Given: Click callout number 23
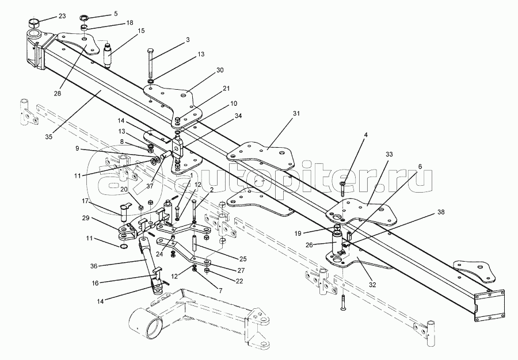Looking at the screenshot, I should tap(62, 15).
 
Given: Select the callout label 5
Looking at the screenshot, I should tap(115, 13).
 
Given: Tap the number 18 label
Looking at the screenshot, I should tap(129, 22).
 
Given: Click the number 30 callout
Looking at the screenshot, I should tap(204, 70).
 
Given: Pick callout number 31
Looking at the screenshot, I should tap(296, 113).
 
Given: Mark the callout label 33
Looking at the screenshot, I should tap(389, 155).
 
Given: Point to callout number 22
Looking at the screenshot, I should tap(239, 280).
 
